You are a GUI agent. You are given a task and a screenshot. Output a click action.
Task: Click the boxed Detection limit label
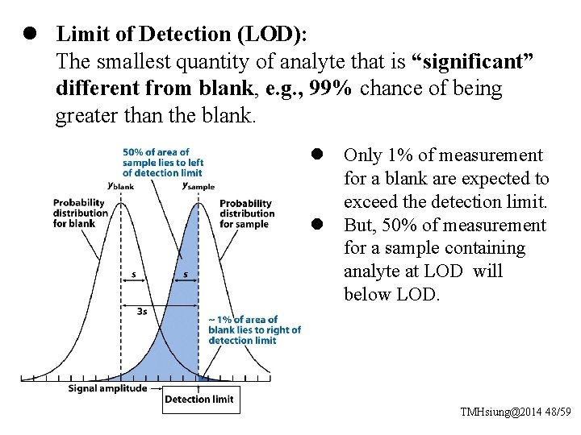(x=199, y=400)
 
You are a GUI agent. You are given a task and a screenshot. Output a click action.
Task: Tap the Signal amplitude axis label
(x=107, y=388)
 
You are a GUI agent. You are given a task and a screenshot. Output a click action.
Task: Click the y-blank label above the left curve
(x=121, y=184)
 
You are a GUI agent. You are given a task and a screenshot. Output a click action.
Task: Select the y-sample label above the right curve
(x=198, y=184)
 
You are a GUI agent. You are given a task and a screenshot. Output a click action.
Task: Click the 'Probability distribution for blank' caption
(x=81, y=213)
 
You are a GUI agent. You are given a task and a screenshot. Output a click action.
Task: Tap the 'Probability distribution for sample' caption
(x=247, y=213)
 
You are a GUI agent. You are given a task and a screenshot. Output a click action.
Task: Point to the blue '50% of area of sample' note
(x=162, y=162)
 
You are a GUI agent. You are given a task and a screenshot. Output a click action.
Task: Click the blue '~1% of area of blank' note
(x=254, y=329)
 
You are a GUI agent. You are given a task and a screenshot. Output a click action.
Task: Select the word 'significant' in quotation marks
(x=473, y=61)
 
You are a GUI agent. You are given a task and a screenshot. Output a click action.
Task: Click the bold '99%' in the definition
(x=330, y=89)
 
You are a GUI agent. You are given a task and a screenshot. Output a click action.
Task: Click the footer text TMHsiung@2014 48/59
(x=515, y=412)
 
